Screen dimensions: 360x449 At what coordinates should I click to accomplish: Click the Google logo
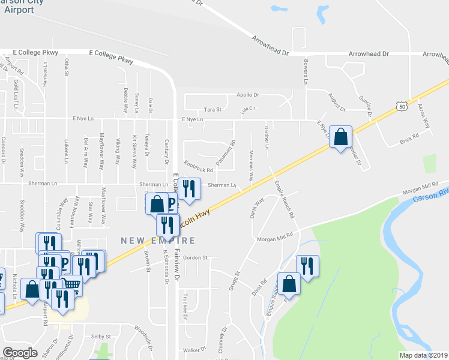pos(20,353)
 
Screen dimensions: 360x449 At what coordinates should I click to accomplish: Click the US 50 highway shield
pos(401,106)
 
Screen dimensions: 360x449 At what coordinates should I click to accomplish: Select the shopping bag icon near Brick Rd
pos(341,137)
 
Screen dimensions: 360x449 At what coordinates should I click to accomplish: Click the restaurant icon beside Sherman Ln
pos(189,189)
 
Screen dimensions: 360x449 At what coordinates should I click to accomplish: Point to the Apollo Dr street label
pos(247,95)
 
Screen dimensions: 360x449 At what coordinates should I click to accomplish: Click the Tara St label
pos(213,110)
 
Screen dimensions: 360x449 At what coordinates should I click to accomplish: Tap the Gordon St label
pos(195,257)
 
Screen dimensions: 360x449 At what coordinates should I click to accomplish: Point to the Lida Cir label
pos(248,109)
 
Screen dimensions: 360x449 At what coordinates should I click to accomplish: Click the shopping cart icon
pos(71,286)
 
